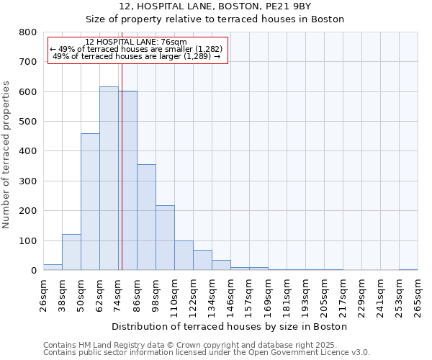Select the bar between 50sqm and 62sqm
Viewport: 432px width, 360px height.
[x=90, y=202]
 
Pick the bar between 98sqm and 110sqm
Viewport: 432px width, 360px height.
[x=165, y=238]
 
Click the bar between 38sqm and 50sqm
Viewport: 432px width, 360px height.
[x=71, y=252]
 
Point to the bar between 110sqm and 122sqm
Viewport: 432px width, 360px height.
[x=184, y=256]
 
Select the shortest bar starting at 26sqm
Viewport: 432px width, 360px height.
[x=53, y=267]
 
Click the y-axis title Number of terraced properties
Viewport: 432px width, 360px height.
[x=6, y=155]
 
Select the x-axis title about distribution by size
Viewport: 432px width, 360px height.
[x=230, y=326]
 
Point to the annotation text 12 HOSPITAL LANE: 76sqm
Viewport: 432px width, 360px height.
[x=135, y=42]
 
